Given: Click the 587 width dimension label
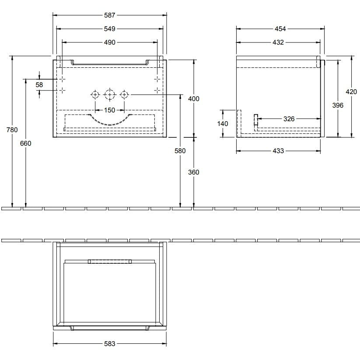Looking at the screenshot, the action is click(109, 15).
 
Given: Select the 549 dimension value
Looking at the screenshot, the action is click(109, 29).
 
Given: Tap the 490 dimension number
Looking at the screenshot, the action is click(109, 42).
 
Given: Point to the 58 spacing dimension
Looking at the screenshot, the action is click(39, 85).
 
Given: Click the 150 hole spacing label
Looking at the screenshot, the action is click(109, 110).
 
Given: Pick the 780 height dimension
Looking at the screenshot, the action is click(12, 130).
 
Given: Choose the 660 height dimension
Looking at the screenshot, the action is click(25, 143).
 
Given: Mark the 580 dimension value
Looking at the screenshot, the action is click(180, 150).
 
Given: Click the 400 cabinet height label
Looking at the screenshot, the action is click(193, 99).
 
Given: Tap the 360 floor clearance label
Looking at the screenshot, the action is click(193, 172).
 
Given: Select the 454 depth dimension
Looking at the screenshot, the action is click(280, 29).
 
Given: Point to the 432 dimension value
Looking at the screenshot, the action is click(278, 42).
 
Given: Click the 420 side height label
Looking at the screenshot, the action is click(351, 91).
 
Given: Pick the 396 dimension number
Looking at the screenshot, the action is click(338, 105).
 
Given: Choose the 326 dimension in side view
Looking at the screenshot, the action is click(289, 119).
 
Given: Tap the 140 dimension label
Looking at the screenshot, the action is click(223, 123).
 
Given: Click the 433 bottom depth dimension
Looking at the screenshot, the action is click(278, 150).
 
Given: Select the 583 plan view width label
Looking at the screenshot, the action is click(109, 344).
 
